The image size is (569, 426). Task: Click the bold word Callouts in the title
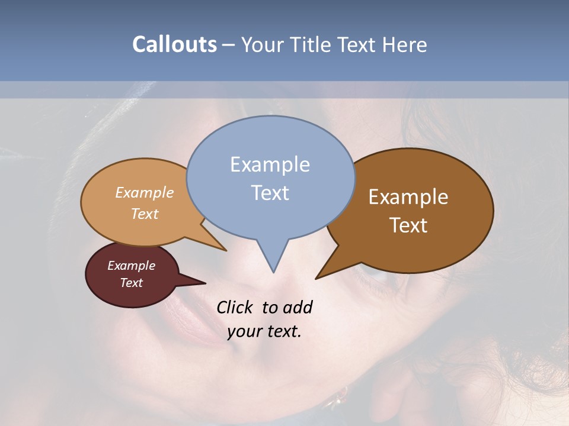click(x=174, y=44)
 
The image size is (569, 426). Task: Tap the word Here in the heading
click(x=405, y=45)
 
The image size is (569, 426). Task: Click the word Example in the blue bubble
click(x=270, y=164)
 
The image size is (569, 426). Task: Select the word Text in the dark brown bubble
click(x=408, y=225)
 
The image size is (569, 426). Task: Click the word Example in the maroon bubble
click(x=131, y=266)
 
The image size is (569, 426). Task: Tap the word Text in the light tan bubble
click(x=145, y=214)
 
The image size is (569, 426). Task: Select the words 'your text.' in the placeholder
click(x=264, y=331)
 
